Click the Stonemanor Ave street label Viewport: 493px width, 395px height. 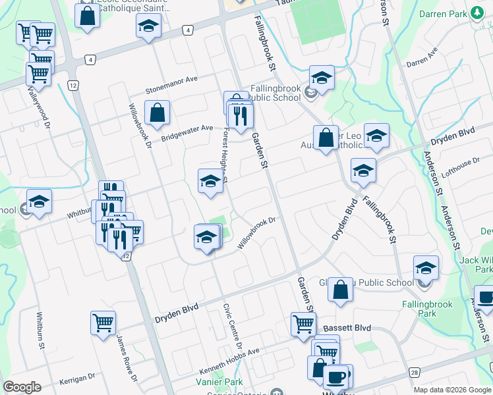click(x=172, y=80)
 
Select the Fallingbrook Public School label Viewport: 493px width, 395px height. click(x=275, y=93)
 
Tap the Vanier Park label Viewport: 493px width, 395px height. click(x=219, y=382)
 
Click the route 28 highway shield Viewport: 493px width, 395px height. click(x=414, y=373)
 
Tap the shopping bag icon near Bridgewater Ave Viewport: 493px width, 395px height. click(x=158, y=113)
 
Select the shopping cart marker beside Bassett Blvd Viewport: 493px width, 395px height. click(x=303, y=323)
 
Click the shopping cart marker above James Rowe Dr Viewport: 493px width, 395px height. click(x=103, y=323)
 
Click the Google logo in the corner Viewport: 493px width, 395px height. click(x=22, y=387)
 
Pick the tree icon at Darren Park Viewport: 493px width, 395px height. click(x=476, y=13)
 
